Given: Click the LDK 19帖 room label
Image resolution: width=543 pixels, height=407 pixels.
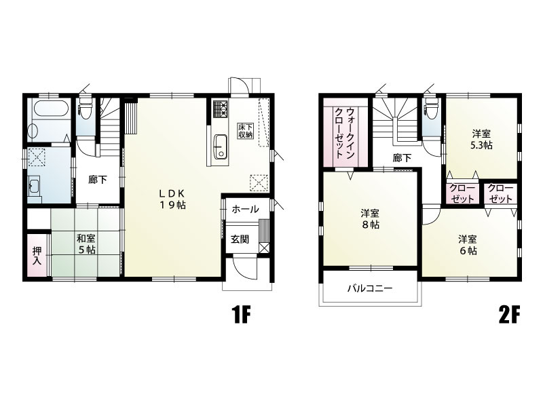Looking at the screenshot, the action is click(x=172, y=199).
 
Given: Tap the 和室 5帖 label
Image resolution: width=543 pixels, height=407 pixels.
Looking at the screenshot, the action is click(x=86, y=244).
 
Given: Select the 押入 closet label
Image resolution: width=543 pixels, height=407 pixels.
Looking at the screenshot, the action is click(x=37, y=256).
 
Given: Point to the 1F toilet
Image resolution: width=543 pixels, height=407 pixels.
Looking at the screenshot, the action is click(x=86, y=106).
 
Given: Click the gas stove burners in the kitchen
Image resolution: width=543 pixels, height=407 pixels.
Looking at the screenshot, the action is click(x=220, y=109).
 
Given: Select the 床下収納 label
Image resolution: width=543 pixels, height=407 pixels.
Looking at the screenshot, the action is click(x=245, y=130).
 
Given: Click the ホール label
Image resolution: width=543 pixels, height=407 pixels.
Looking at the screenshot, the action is click(x=245, y=209).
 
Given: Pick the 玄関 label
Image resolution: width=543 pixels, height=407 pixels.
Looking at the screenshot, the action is click(x=240, y=239).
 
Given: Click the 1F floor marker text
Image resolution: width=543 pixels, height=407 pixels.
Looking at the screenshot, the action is click(x=241, y=315).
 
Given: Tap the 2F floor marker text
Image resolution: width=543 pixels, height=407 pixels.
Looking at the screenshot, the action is click(x=510, y=315).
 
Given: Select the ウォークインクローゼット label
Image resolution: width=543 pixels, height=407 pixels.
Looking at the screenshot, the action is click(x=345, y=133).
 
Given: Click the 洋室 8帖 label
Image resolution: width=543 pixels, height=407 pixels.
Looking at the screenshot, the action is click(x=370, y=218).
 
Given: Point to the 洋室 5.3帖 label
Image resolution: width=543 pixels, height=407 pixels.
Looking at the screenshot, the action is click(x=481, y=140).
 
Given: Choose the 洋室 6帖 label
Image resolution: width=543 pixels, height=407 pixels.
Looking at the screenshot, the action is click(x=468, y=245).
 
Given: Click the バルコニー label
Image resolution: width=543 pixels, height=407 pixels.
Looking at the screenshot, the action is click(x=370, y=288).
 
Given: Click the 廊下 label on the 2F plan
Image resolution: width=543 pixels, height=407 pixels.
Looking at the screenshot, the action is click(x=402, y=158).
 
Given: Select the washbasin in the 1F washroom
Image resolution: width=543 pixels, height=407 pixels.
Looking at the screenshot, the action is click(x=35, y=187).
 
